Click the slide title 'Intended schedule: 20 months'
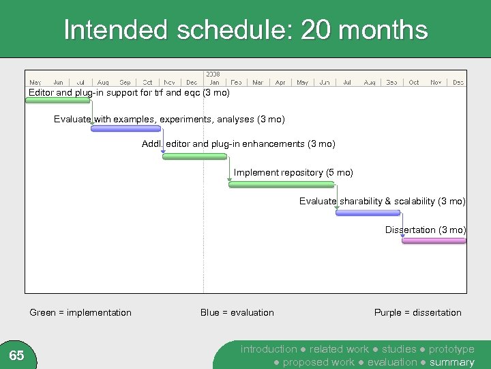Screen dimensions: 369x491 [245, 30]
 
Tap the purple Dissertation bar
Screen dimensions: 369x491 [434, 241]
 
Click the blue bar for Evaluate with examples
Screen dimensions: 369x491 [126, 128]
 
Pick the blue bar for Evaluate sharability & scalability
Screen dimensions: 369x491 [368, 213]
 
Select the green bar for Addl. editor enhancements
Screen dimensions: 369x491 [195, 156]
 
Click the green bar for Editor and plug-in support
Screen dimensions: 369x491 [58, 100]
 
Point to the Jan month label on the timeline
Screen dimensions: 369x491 [214, 83]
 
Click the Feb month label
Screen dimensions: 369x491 [236, 83]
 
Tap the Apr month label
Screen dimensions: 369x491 [280, 83]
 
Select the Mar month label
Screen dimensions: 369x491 [258, 83]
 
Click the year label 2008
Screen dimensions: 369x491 [213, 74]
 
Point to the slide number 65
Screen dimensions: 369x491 [17, 355]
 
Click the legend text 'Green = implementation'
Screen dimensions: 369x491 [80, 312]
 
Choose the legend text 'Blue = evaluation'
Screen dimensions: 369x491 [237, 312]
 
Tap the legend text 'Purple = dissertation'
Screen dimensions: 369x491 [417, 312]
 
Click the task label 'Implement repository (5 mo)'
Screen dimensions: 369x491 [293, 173]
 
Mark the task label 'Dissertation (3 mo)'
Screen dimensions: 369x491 [426, 230]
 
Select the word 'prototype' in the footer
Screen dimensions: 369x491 [451, 349]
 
